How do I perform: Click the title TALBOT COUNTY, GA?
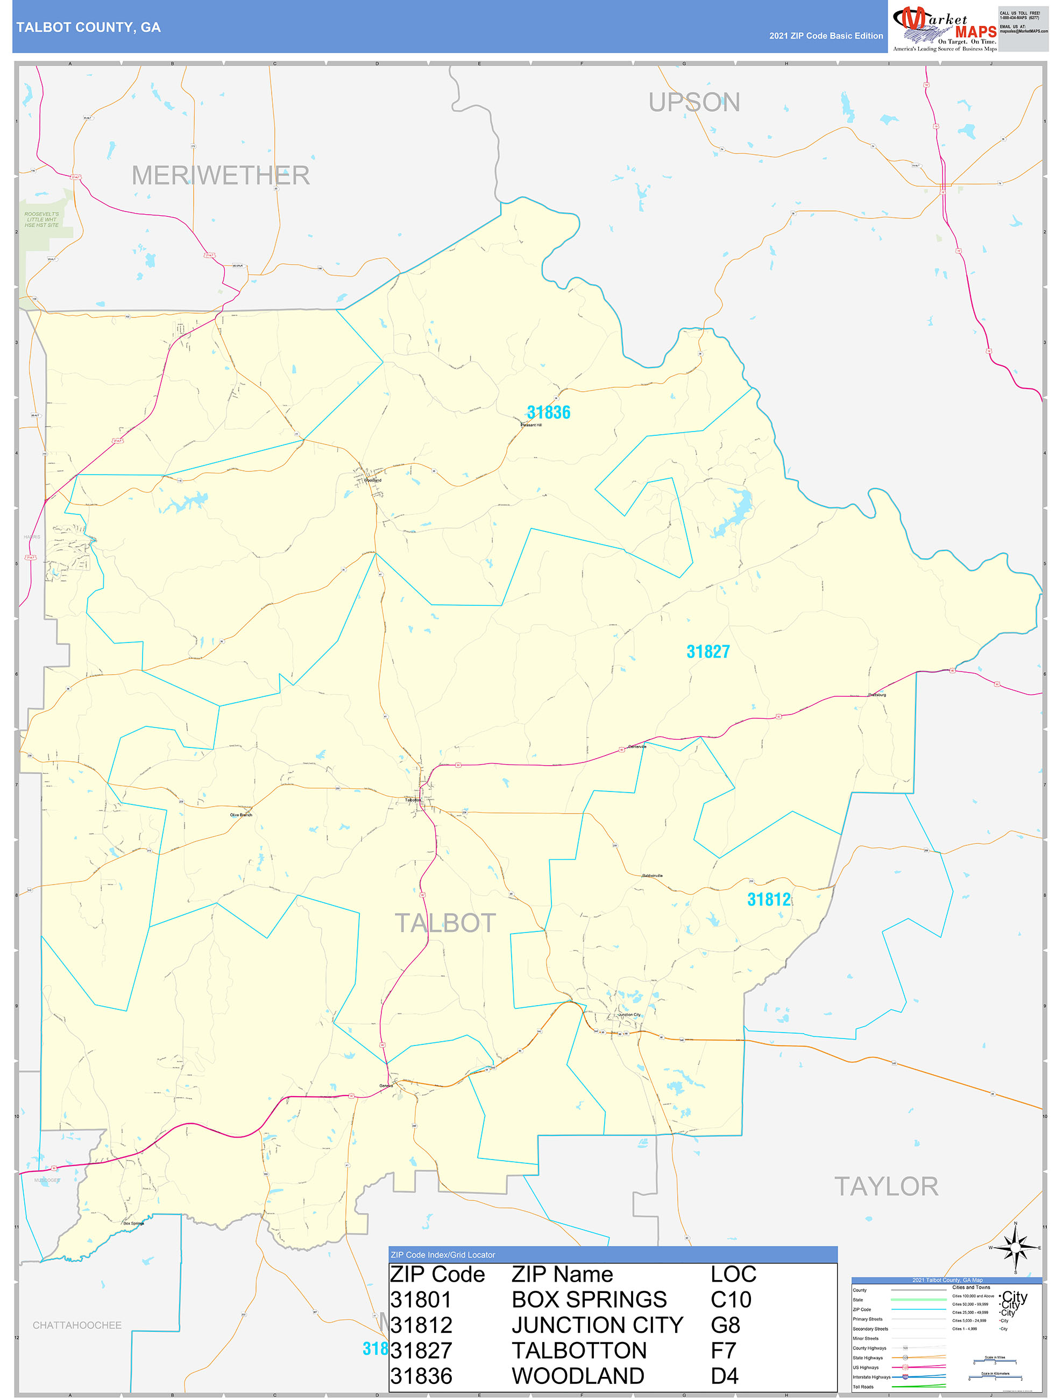pos(89,27)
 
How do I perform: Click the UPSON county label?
pos(693,102)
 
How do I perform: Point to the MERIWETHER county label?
pos(220,175)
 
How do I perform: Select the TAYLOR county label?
pos(886,1186)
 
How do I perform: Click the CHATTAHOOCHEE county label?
pos(77,1325)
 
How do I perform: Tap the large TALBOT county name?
pos(445,923)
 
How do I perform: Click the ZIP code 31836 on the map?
pos(548,412)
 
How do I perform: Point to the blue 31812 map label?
pos(768,899)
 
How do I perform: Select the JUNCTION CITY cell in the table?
pos(597,1325)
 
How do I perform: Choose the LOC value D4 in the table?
pos(724,1376)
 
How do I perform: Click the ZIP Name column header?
pos(562,1274)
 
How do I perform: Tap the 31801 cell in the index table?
pos(421,1299)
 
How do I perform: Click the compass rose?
pos(1016,1248)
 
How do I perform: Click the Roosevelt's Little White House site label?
pos(42,220)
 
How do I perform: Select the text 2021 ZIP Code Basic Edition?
pos(826,36)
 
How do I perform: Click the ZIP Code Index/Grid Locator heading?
pos(443,1255)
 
